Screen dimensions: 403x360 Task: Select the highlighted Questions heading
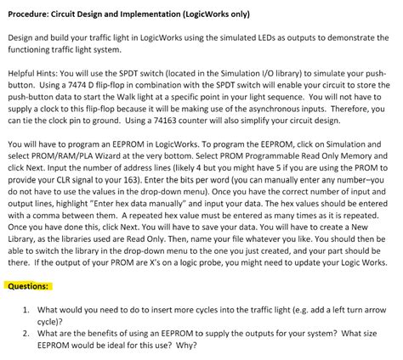27,285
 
